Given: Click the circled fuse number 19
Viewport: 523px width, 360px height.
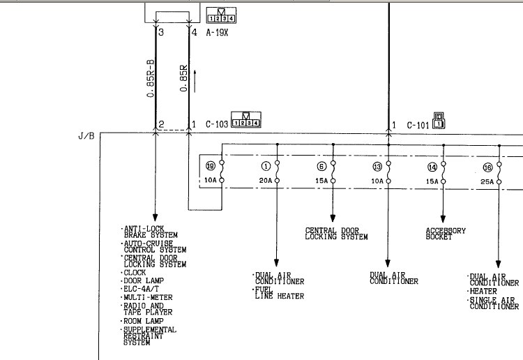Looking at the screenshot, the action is [211, 166].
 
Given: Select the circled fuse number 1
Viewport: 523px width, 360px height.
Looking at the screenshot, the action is [266, 166].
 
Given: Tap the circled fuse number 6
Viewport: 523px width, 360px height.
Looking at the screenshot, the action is [321, 166].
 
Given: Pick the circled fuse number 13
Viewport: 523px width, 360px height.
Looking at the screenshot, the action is [377, 167].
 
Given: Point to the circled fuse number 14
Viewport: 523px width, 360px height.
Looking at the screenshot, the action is [432, 167].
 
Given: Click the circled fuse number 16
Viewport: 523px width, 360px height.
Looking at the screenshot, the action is [487, 167].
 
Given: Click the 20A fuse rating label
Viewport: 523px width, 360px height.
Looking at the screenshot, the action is [266, 181].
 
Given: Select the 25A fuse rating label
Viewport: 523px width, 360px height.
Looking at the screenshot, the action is [487, 182].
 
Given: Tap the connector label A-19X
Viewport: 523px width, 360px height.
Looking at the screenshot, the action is [217, 32].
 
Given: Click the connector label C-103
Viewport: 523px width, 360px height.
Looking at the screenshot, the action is [217, 124].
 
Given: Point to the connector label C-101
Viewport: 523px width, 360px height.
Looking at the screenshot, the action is [418, 125].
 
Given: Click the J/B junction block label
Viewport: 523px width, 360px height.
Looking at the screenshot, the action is [86, 136].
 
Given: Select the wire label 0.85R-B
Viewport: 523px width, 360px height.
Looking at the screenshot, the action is [151, 79].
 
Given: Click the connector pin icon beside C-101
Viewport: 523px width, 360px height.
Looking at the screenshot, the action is [439, 121].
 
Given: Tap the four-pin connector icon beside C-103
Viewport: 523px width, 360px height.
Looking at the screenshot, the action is [246, 120].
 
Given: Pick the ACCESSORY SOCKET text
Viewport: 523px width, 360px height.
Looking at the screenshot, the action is [446, 234].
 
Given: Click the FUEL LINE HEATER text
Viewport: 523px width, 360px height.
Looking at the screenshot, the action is [280, 293].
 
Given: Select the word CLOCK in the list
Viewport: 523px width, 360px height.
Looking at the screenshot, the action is [135, 273].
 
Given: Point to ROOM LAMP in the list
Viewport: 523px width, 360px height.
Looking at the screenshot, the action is [143, 321].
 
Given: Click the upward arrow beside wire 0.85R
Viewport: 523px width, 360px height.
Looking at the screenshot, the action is [195, 82].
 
